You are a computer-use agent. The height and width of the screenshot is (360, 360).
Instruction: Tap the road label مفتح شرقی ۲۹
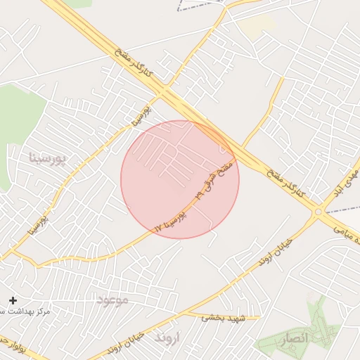click(x=216, y=179)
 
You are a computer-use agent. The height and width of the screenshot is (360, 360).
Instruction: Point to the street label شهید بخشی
click(x=223, y=318)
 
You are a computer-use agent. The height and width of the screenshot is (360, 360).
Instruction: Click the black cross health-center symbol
click(x=13, y=300)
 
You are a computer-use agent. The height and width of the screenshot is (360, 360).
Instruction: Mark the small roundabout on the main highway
click(x=319, y=211)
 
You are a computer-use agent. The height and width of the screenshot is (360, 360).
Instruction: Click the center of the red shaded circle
click(x=180, y=179)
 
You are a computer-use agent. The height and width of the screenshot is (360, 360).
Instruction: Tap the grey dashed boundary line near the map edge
click(x=200, y=7)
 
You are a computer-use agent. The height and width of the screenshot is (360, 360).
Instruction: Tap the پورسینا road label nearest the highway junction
click(x=139, y=115)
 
